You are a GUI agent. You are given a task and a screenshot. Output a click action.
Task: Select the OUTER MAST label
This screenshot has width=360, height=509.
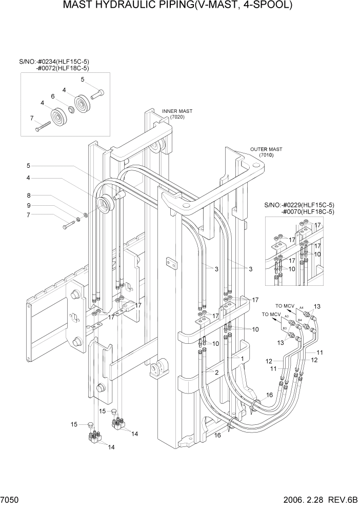click(x=266, y=149)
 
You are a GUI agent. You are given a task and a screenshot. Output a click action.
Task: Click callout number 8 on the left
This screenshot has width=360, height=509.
click(x=29, y=195)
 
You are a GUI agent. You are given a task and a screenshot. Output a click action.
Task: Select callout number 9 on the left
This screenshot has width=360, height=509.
click(x=29, y=205)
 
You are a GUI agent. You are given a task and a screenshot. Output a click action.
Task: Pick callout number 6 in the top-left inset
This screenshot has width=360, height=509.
click(x=52, y=96)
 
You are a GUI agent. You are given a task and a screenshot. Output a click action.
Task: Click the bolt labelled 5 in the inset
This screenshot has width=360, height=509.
click(x=97, y=95)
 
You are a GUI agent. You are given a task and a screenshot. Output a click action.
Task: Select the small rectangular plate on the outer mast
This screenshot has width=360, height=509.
click(x=171, y=263)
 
